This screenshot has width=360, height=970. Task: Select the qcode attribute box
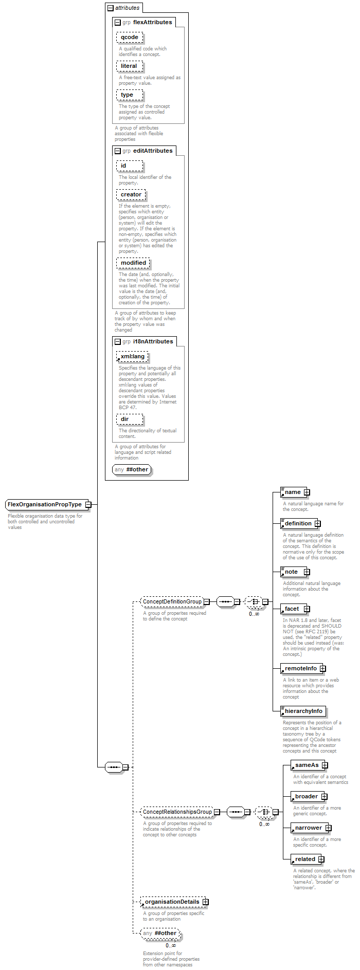click(130, 38)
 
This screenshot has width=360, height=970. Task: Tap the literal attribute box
click(129, 66)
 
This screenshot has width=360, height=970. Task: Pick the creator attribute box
click(131, 195)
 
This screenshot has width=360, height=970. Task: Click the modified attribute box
click(133, 263)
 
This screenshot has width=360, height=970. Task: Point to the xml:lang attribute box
click(132, 357)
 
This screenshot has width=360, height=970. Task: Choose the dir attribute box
click(124, 419)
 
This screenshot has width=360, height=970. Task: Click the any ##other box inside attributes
click(132, 469)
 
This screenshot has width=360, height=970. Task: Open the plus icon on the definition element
click(317, 523)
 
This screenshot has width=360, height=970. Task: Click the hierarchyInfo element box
click(303, 711)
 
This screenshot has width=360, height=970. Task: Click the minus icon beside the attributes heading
click(110, 8)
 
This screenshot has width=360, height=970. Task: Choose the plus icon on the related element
click(321, 859)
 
